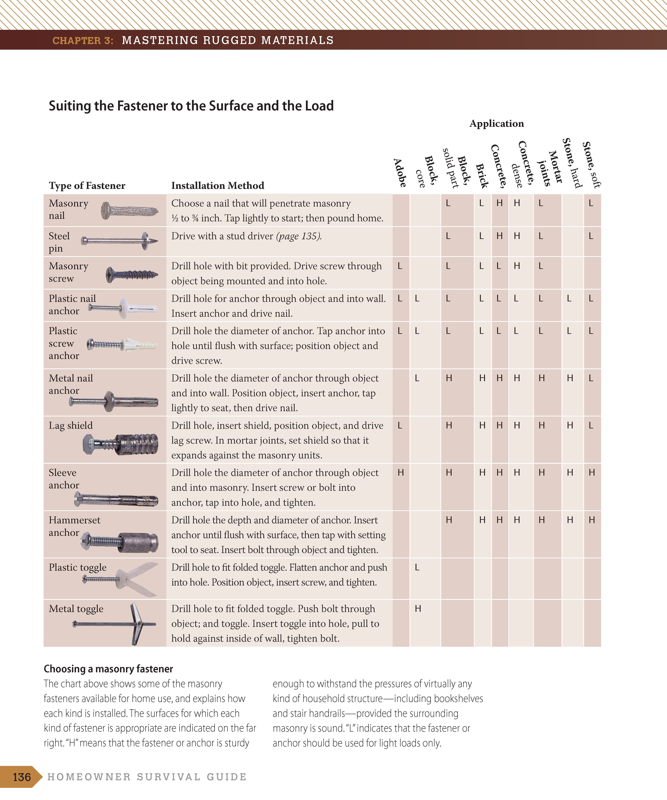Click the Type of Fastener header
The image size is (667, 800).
[87, 185]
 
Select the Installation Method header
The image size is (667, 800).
[218, 185]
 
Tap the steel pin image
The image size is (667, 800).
[120, 241]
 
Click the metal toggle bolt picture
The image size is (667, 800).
[114, 624]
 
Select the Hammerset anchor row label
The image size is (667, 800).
[74, 526]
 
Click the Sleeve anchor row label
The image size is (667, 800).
[64, 479]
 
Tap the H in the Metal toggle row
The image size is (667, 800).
[418, 609]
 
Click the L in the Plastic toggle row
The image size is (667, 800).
[417, 568]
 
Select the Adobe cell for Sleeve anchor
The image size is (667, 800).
[401, 473]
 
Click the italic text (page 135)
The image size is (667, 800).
[299, 236]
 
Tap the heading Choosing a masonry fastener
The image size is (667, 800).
[108, 669]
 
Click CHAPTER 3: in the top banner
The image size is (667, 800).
[83, 40]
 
